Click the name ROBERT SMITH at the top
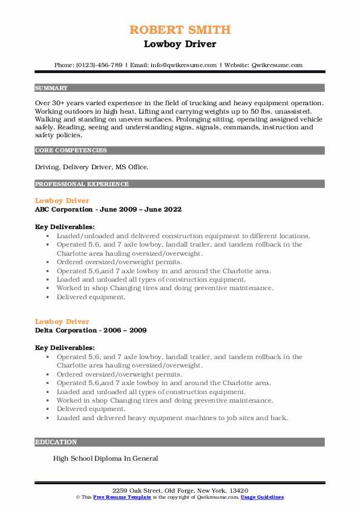[x=180, y=30]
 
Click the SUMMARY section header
[x=51, y=88]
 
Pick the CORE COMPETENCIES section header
[x=71, y=150]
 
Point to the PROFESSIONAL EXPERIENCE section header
[x=82, y=184]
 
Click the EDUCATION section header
[x=56, y=442]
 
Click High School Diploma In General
[x=105, y=458]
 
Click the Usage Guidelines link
[x=262, y=496]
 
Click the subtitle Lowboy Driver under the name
[x=180, y=44]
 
